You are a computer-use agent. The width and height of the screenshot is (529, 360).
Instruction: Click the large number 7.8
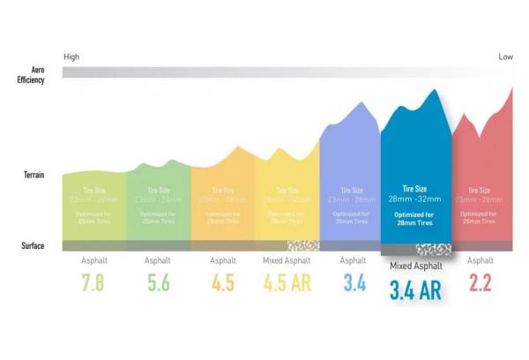tap(93, 282)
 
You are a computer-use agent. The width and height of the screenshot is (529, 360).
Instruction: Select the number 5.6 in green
tap(159, 282)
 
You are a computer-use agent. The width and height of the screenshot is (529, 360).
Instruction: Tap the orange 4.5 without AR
tap(223, 282)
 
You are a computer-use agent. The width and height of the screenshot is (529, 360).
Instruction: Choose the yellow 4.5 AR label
tap(287, 282)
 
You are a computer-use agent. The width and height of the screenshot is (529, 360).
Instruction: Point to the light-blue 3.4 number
tap(352, 282)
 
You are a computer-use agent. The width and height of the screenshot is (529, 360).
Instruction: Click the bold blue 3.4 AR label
tap(415, 289)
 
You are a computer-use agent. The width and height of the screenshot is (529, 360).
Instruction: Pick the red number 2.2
tap(481, 282)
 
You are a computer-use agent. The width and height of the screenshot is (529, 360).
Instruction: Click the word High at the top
tap(71, 57)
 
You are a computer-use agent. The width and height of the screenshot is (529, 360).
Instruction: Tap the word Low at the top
tap(505, 57)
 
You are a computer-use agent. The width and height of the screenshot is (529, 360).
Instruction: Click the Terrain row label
tap(34, 176)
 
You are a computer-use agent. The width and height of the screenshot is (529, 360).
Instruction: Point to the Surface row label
tap(33, 245)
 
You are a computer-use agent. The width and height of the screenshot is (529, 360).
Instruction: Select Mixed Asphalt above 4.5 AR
tap(287, 260)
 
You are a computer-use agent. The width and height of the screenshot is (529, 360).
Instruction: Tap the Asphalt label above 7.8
tap(93, 260)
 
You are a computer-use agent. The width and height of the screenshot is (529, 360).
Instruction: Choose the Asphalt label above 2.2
tap(481, 260)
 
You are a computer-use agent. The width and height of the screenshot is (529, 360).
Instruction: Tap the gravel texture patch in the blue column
tap(434, 250)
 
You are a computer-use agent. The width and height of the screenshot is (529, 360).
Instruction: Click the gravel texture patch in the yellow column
tap(303, 246)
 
